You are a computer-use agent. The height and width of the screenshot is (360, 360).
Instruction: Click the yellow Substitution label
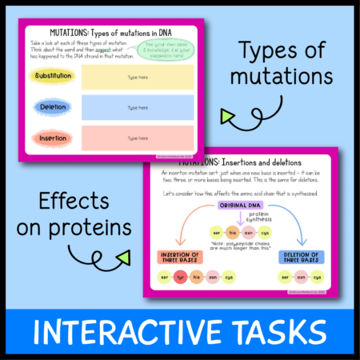pyautogui.click(x=54, y=77)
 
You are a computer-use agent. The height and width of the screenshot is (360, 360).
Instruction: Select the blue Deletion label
pyautogui.click(x=54, y=106)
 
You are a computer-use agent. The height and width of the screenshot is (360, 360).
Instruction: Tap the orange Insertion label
pyautogui.click(x=54, y=138)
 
